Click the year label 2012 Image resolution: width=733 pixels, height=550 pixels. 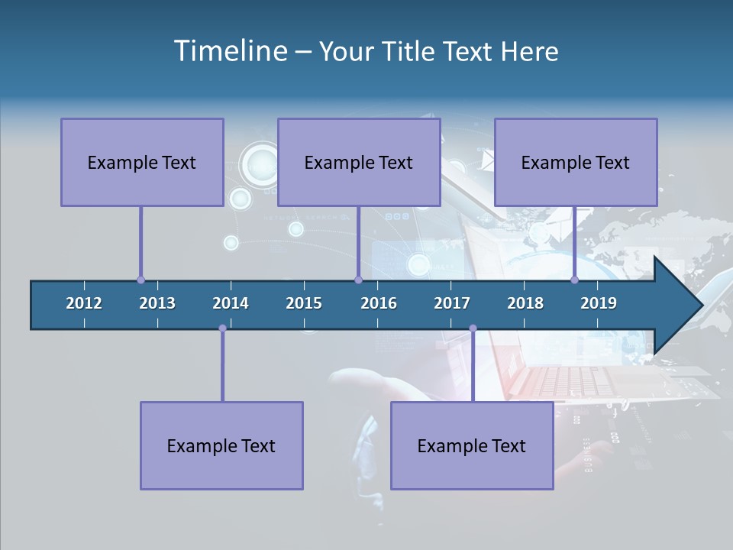84,303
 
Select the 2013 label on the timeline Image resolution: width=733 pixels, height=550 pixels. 157,303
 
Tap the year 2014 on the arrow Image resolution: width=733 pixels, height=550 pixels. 231,303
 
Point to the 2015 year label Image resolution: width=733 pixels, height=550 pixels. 304,303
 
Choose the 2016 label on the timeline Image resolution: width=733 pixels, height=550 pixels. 379,303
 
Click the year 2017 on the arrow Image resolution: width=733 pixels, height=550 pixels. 452,303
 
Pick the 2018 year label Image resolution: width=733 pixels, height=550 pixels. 525,303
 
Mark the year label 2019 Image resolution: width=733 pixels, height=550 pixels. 599,303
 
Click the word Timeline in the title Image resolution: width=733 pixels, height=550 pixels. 230,51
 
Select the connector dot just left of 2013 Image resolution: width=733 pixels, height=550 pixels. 140,280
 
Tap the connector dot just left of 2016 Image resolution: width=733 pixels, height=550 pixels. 358,280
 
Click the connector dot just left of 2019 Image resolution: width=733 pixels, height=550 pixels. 575,280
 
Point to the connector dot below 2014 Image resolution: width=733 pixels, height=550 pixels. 222,328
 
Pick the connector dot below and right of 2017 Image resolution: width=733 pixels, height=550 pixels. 473,328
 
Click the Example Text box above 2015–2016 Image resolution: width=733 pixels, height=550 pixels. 359,162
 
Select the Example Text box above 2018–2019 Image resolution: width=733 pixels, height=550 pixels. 576,162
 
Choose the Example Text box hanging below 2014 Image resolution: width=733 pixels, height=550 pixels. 221,445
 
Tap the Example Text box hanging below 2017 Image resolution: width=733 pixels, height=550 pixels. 472,445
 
